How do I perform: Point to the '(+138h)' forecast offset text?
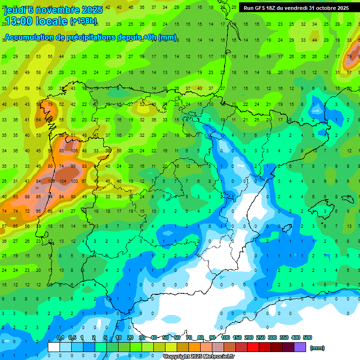[x=83, y=21]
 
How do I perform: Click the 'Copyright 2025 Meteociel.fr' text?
[x=199, y=357]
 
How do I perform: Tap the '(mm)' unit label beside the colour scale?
[x=317, y=348]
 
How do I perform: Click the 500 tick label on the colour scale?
[x=307, y=338]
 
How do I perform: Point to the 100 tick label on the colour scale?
[x=225, y=338]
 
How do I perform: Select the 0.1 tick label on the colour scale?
[x=60, y=338]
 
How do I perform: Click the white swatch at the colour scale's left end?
[x=54, y=347]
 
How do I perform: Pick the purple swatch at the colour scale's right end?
[x=300, y=347]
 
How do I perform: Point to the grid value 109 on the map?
[x=51, y=181]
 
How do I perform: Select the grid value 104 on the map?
[x=62, y=181]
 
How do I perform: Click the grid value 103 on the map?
[x=74, y=181]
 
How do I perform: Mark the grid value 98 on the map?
[x=73, y=166]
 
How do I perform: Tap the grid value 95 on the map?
[x=39, y=211]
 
